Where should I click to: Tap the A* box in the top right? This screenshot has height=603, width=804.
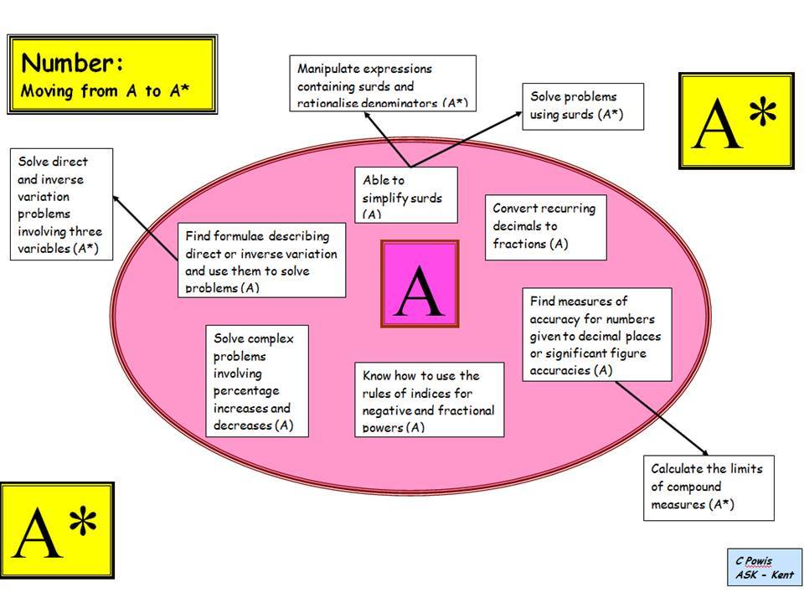pyautogui.click(x=734, y=121)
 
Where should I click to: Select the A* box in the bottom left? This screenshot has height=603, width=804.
pyautogui.click(x=56, y=529)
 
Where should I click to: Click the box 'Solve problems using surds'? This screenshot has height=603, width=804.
pyautogui.click(x=582, y=106)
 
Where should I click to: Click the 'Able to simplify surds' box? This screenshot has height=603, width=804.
pyautogui.click(x=406, y=195)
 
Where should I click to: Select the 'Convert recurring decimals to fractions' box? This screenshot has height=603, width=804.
pyautogui.click(x=545, y=226)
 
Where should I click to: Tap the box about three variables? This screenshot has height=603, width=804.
pyautogui.click(x=60, y=204)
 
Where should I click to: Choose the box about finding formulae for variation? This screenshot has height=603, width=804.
pyautogui.click(x=261, y=260)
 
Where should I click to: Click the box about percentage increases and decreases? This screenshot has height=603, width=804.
pyautogui.click(x=257, y=380)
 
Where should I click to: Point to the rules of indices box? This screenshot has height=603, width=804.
pyautogui.click(x=430, y=399)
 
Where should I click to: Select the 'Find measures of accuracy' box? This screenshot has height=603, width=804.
pyautogui.click(x=597, y=335)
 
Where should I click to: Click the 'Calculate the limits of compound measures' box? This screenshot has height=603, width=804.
pyautogui.click(x=709, y=487)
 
